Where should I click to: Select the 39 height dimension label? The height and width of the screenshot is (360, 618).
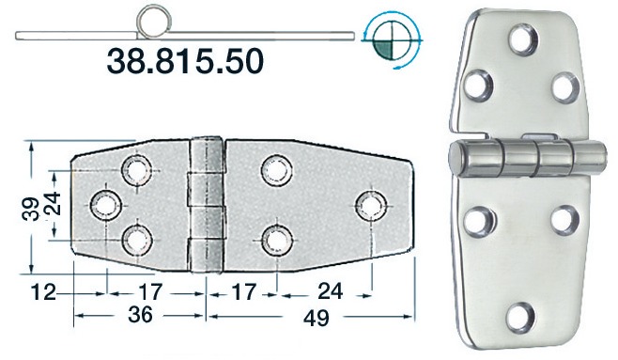(30, 205)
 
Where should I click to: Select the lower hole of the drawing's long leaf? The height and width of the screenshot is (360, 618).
(275, 240)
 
